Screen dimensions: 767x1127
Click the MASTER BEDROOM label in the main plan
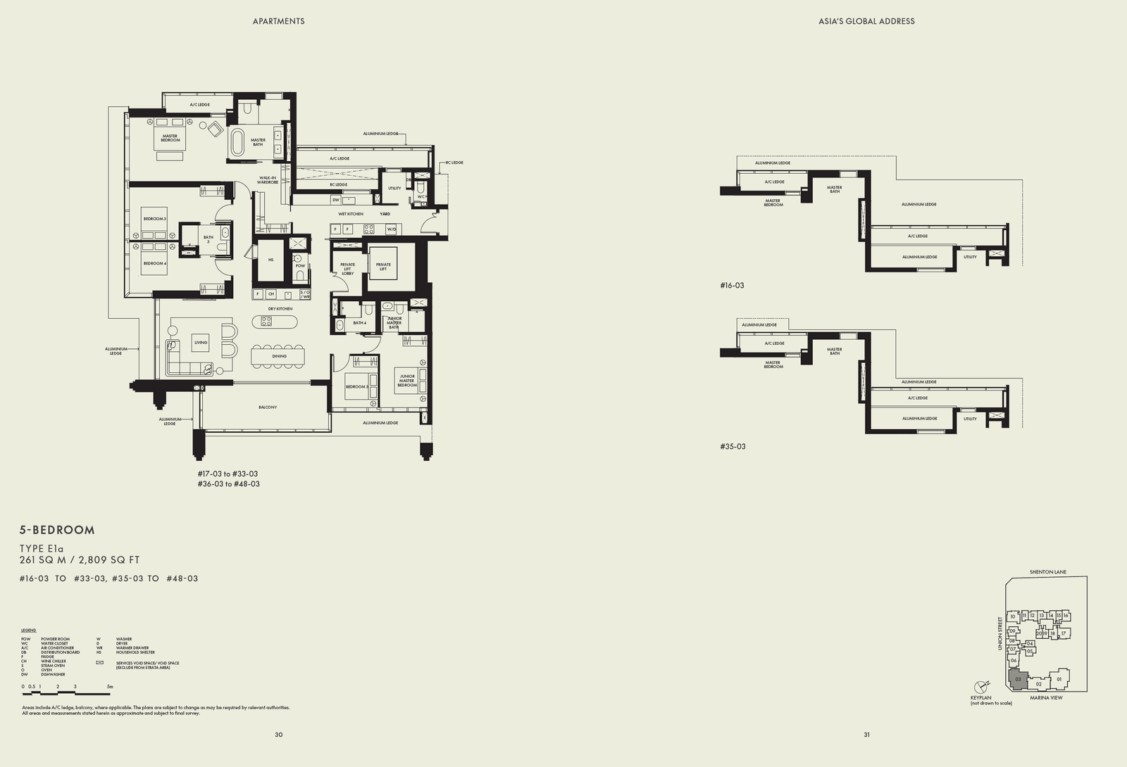[x=170, y=138]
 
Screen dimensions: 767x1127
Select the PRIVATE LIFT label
[x=383, y=267]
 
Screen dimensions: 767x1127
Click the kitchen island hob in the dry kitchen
[x=267, y=321]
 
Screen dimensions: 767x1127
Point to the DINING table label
[x=279, y=356]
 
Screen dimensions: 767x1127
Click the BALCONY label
[x=268, y=407]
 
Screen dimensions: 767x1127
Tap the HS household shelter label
[x=270, y=260]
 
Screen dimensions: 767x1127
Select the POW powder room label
[x=301, y=265]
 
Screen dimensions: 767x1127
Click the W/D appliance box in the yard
[x=392, y=229]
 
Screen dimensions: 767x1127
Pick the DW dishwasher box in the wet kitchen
[x=336, y=200]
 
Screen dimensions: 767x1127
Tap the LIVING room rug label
[x=201, y=343]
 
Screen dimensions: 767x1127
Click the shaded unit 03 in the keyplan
[x=1018, y=679]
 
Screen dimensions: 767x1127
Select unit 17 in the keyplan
[x=1064, y=633]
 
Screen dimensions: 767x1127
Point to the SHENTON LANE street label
[x=1047, y=572]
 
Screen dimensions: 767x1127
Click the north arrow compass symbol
[x=981, y=687]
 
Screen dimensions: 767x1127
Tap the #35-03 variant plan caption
[x=733, y=446]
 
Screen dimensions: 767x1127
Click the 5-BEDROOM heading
[x=57, y=530]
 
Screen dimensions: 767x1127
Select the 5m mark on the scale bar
[x=109, y=686]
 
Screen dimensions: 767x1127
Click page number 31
[x=866, y=735]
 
